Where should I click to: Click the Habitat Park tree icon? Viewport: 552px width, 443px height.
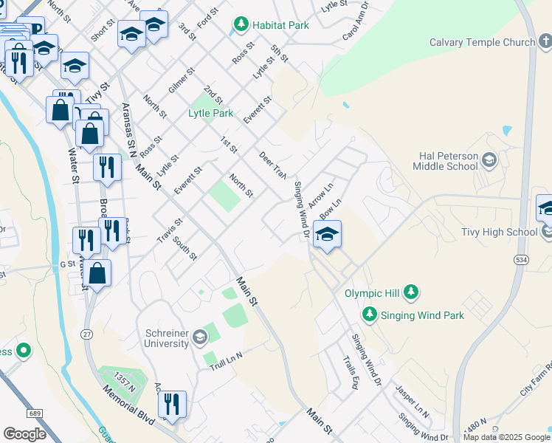click(x=241, y=25)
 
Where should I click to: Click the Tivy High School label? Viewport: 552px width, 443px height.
click(x=500, y=232)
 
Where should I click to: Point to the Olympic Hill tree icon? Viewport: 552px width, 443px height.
click(x=411, y=293)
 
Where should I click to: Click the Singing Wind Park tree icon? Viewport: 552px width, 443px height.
click(x=370, y=315)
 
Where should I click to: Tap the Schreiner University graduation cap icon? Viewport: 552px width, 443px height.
click(x=199, y=339)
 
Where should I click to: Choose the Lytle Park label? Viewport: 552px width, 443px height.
click(x=210, y=113)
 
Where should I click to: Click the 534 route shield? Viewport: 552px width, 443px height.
click(x=522, y=259)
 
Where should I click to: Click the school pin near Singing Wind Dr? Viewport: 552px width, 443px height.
click(x=326, y=236)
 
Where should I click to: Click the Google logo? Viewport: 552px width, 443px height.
click(x=24, y=434)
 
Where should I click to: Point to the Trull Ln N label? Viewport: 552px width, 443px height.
click(x=226, y=362)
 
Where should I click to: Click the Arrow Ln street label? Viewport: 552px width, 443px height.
click(x=320, y=195)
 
